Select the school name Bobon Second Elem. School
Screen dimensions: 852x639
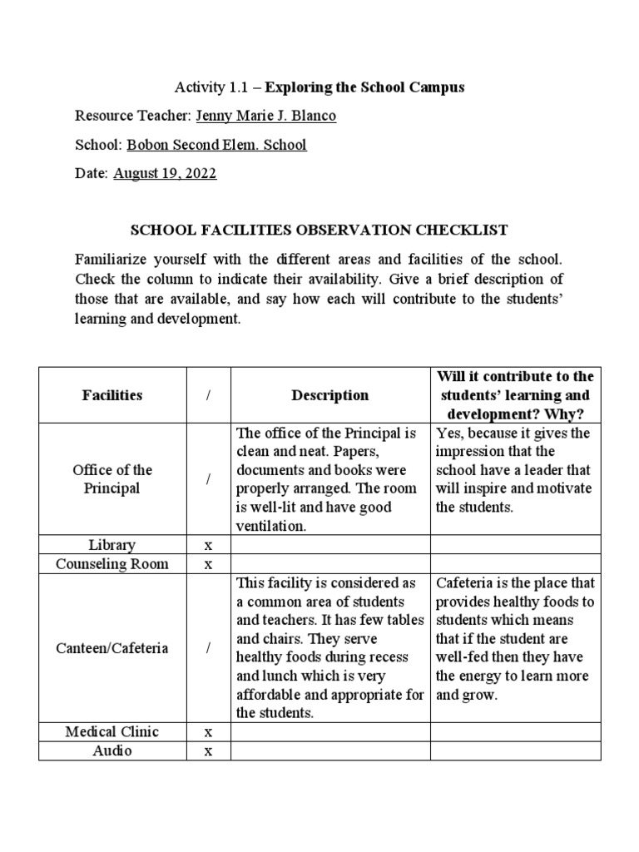(x=216, y=145)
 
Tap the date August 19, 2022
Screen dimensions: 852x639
(x=164, y=174)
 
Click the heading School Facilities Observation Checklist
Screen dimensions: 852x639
(x=319, y=229)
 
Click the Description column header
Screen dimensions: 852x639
(x=329, y=395)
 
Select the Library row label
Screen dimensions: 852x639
(x=112, y=545)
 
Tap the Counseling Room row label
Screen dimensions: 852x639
(x=112, y=564)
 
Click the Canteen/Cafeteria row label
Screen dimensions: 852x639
(x=112, y=647)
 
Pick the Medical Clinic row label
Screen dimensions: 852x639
(x=112, y=731)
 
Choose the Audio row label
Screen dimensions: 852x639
(x=112, y=750)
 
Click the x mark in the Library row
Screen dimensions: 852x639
(x=208, y=545)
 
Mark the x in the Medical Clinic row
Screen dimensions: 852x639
(x=208, y=731)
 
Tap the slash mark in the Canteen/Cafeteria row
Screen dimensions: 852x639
(x=208, y=647)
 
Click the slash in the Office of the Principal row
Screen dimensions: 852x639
(x=208, y=479)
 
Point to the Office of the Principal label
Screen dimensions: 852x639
(x=112, y=478)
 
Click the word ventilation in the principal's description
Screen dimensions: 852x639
(x=272, y=526)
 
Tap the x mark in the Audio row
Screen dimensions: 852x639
(x=208, y=750)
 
